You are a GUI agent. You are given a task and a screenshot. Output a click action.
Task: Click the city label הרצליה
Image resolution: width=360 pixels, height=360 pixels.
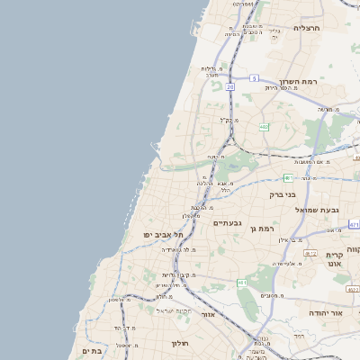[307, 27]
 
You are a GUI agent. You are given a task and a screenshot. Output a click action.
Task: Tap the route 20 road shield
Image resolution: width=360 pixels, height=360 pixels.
[230, 86]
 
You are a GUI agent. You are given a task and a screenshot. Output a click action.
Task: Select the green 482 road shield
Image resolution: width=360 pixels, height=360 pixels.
[264, 128]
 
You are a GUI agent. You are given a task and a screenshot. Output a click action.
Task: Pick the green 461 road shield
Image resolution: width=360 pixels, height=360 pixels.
[242, 283]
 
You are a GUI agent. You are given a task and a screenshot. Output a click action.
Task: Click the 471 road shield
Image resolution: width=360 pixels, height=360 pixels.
[354, 224]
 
